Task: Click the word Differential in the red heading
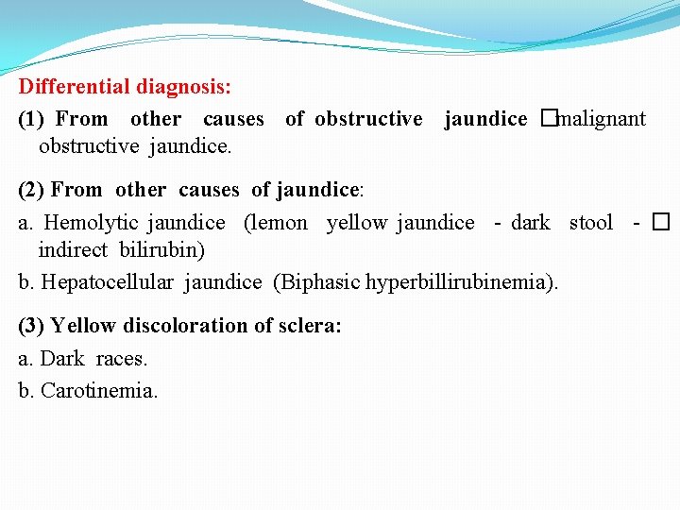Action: point(75,87)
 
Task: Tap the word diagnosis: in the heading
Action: point(184,87)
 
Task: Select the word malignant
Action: point(602,119)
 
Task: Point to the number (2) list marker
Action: point(32,190)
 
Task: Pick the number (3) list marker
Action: point(32,326)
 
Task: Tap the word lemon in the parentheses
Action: point(279,223)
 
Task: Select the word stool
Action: point(590,223)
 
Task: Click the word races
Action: point(122,359)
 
